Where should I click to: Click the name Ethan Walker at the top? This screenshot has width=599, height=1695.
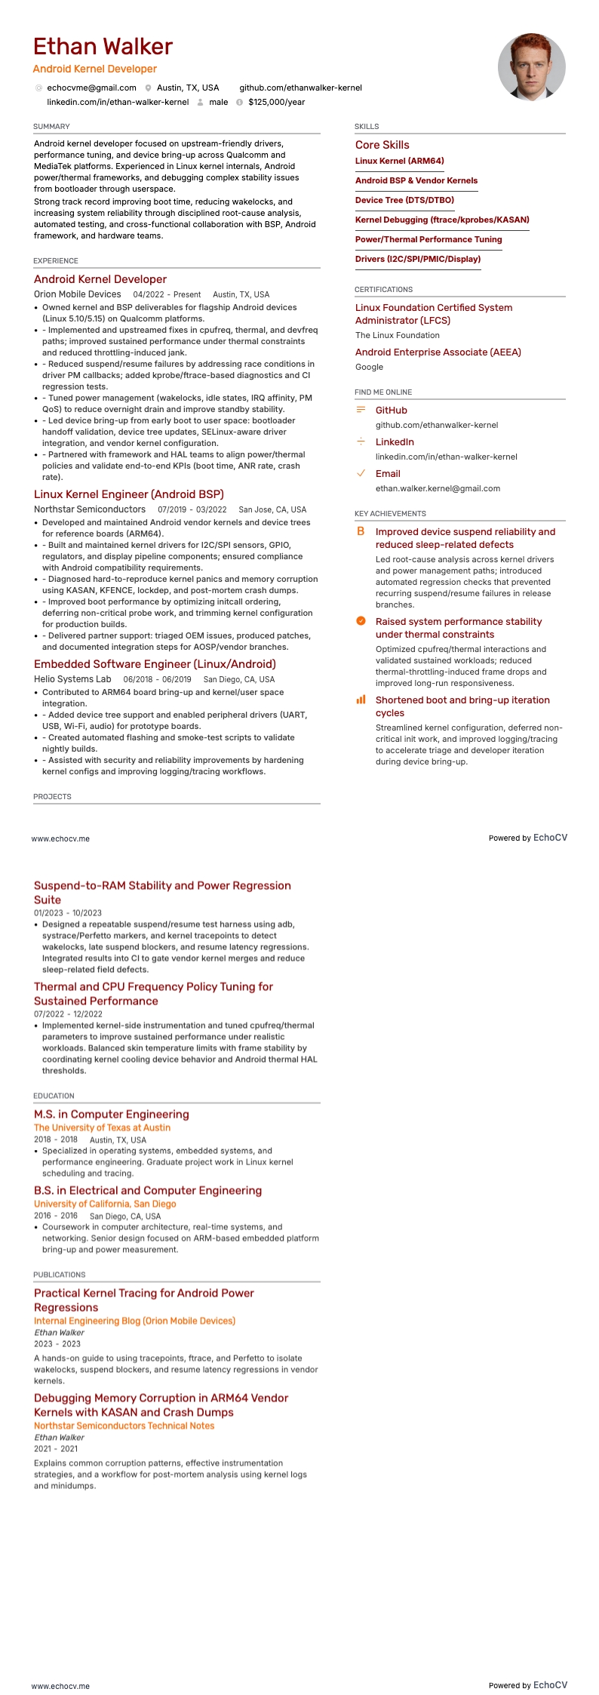(x=103, y=47)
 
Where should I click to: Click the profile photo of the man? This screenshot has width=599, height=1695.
(x=531, y=66)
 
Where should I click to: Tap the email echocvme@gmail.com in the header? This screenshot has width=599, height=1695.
(x=91, y=88)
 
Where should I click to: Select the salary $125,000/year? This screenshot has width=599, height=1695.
(x=276, y=102)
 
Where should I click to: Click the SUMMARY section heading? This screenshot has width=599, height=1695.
(x=51, y=126)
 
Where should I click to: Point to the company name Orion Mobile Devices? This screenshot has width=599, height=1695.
(x=77, y=294)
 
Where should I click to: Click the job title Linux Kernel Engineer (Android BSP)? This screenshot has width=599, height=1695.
(x=129, y=494)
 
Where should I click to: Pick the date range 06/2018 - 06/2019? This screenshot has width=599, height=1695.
(x=157, y=679)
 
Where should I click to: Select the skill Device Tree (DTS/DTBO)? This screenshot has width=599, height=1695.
(x=404, y=200)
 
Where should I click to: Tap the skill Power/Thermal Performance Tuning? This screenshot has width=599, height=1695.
(x=429, y=239)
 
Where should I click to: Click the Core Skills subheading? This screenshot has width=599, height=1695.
(x=382, y=145)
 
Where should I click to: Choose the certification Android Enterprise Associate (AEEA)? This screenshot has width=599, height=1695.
(x=438, y=352)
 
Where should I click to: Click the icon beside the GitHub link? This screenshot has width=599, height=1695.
(x=361, y=410)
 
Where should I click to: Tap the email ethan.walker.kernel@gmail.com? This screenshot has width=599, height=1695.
(x=438, y=488)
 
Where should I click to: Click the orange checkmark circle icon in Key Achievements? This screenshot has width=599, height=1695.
(x=361, y=621)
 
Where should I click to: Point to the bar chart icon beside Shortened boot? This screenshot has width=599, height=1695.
(x=361, y=700)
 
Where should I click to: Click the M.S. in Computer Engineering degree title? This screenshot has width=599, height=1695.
(x=111, y=1114)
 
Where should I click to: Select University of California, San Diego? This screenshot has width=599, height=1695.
(x=105, y=1204)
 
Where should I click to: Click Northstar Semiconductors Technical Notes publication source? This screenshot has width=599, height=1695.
(x=124, y=1426)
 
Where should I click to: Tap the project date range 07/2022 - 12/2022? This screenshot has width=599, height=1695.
(x=68, y=1014)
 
